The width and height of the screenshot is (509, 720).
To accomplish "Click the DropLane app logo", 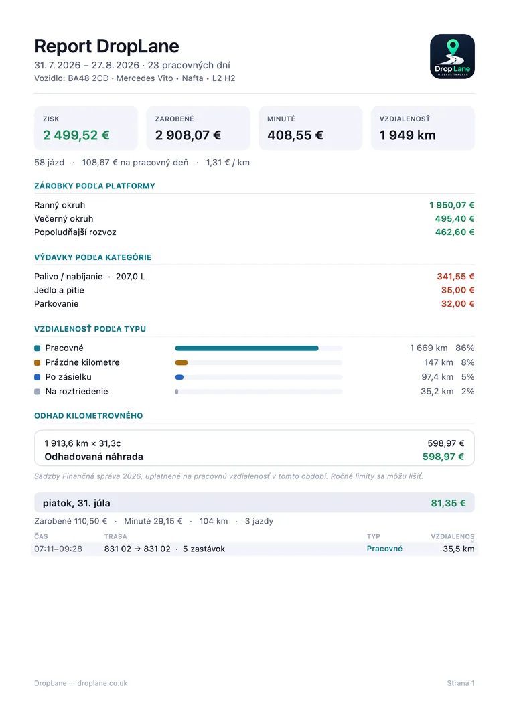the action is click(x=452, y=56).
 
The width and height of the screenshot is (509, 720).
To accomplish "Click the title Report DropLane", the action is click(x=106, y=46).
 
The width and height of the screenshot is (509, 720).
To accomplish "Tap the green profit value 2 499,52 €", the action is click(x=76, y=135).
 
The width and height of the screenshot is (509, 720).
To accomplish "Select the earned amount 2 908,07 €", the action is click(x=188, y=135).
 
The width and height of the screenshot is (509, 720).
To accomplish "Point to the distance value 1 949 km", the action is click(x=408, y=135).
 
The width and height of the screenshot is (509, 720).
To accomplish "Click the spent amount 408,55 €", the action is click(x=295, y=135).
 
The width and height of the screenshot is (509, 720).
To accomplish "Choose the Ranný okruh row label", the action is click(x=60, y=205).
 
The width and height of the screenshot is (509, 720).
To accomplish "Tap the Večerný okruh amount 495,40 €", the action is click(x=455, y=218).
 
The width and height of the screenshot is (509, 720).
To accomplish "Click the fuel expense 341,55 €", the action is click(x=456, y=277).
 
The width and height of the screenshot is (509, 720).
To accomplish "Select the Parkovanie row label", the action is click(x=56, y=304).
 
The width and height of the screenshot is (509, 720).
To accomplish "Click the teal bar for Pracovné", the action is click(x=247, y=348).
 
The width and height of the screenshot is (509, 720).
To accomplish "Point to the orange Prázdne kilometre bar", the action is click(x=181, y=363).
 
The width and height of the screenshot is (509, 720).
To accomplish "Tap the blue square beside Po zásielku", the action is click(x=38, y=377).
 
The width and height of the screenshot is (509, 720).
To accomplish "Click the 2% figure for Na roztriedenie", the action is click(x=467, y=392).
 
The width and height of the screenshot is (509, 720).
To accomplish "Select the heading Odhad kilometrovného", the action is click(x=88, y=415).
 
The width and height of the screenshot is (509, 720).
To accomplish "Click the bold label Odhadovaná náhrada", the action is click(x=94, y=457).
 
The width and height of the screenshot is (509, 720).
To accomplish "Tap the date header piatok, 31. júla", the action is click(x=76, y=503).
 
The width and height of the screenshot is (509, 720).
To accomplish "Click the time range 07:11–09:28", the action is click(x=58, y=549).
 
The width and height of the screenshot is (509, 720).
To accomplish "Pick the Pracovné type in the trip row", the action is click(x=384, y=549).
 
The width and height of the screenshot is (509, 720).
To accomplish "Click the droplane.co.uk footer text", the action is click(x=102, y=683).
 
